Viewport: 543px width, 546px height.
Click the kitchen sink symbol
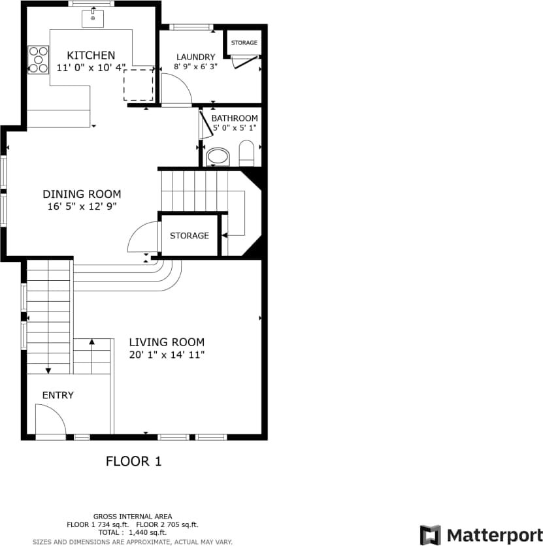point(93,18)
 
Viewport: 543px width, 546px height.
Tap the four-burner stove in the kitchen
point(39,59)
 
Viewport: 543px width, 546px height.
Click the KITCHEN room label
point(91,56)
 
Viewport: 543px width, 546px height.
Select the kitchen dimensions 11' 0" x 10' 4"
point(91,67)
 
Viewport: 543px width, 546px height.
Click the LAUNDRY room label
point(195,57)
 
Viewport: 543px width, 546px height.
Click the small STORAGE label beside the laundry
point(244,43)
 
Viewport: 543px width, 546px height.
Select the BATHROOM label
point(235,118)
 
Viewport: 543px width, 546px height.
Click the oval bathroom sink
point(218,157)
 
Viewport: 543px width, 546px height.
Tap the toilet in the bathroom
point(246,154)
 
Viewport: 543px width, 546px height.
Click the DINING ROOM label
point(82,194)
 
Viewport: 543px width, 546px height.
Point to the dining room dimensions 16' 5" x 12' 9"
point(82,206)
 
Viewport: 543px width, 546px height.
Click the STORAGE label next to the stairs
point(189,236)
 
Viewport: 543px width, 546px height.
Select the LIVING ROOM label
point(167,342)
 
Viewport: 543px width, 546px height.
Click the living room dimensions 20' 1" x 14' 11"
point(167,355)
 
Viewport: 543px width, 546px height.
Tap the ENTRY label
point(58,395)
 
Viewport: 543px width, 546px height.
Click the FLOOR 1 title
point(133,461)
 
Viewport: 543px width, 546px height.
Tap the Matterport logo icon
point(430,535)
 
